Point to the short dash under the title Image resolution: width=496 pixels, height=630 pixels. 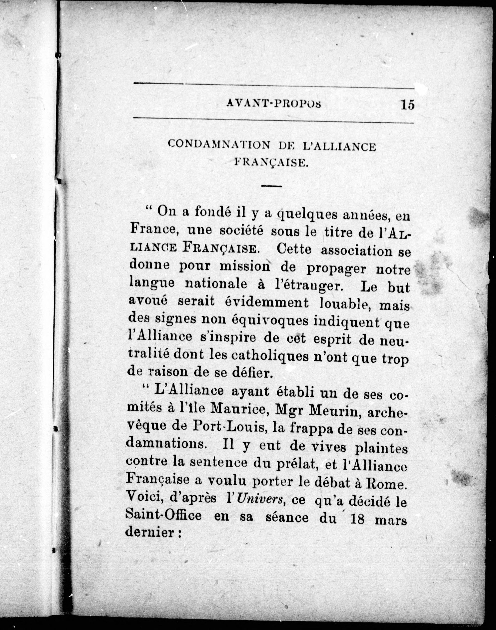coord(272,186)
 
